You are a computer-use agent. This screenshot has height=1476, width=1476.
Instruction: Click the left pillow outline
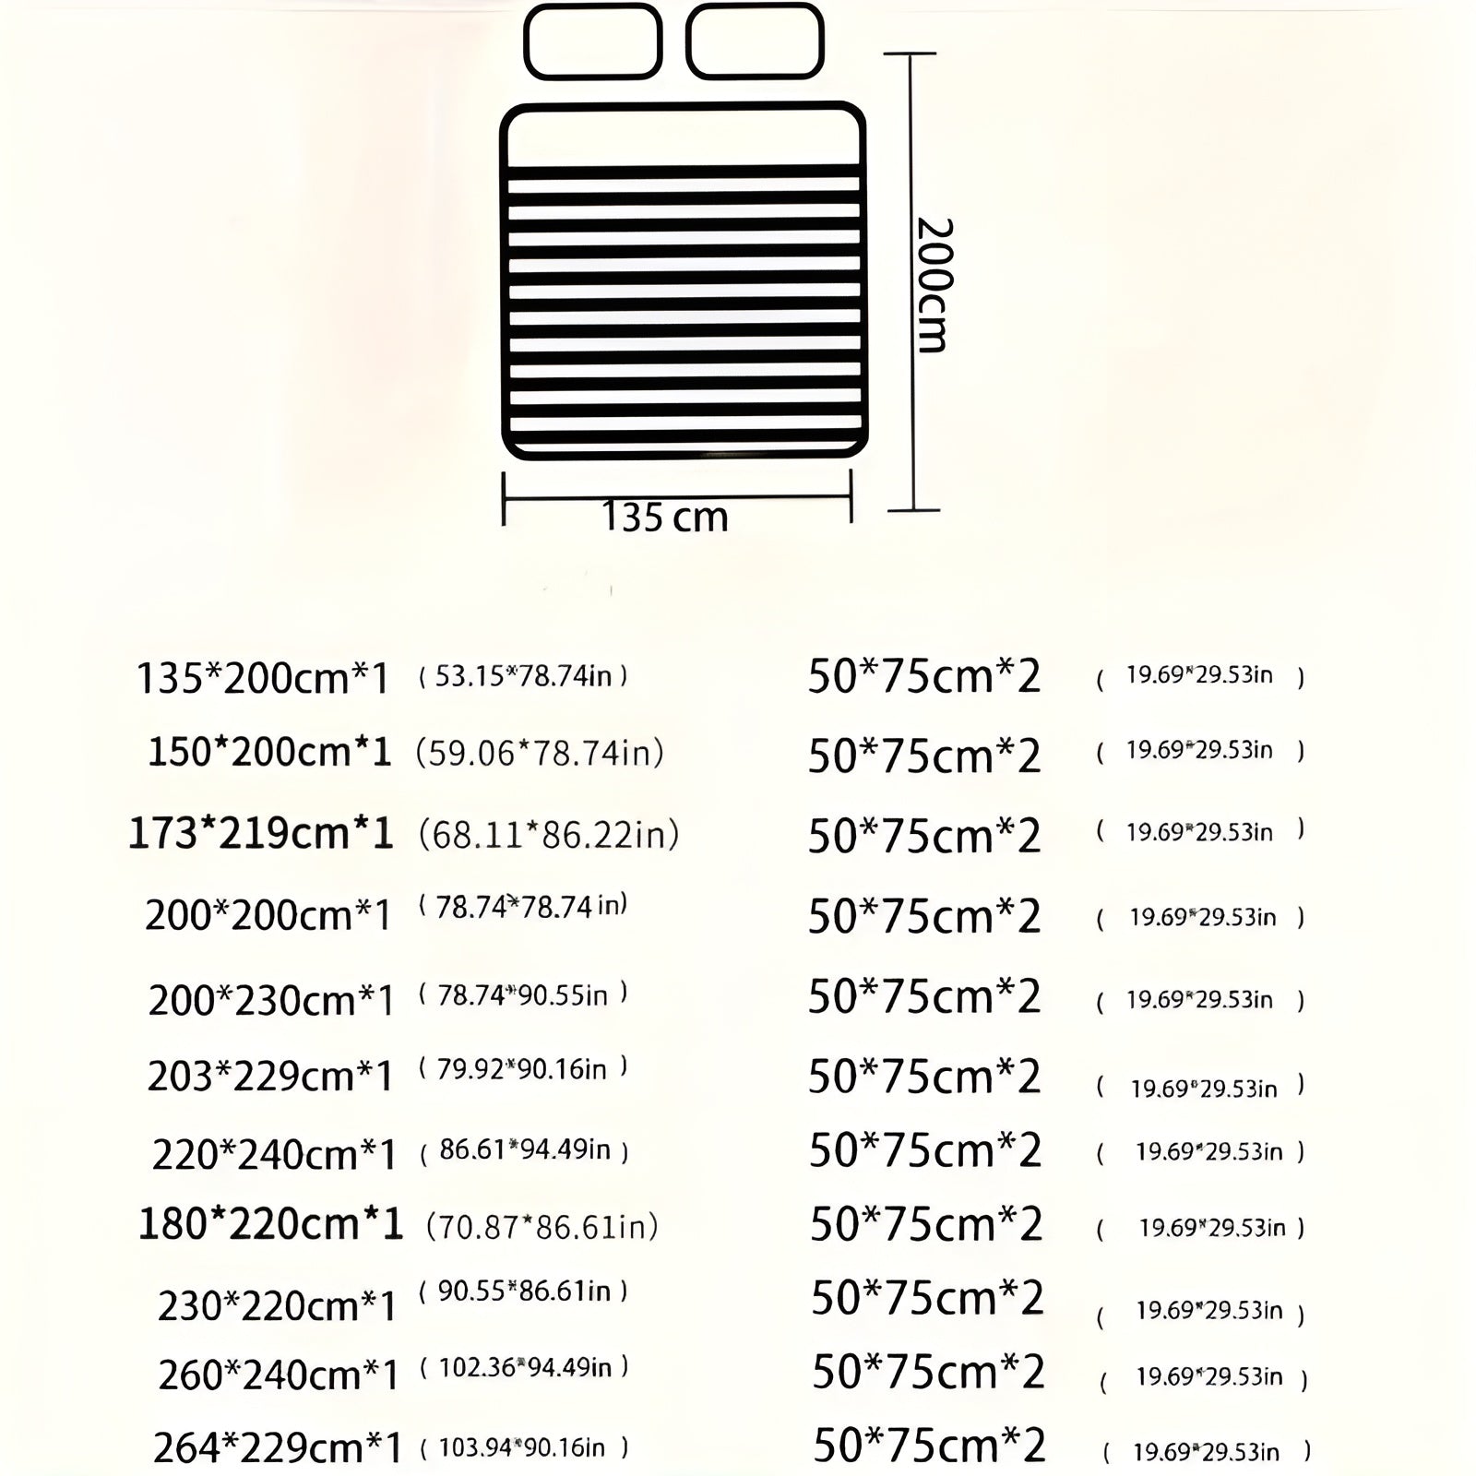pos(593,42)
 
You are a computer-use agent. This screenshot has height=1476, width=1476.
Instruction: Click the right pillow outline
pos(755,42)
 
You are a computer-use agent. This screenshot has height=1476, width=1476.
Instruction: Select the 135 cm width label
pos(665,518)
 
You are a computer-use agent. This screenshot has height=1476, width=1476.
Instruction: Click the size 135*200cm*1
pos(263,678)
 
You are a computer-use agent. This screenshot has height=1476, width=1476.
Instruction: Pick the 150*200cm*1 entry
pos(269,753)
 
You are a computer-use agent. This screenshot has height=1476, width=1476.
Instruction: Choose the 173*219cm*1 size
pos(261,834)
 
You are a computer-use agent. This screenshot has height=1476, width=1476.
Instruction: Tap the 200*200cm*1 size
pos(268,915)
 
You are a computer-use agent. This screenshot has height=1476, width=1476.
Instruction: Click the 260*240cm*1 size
pos(279,1375)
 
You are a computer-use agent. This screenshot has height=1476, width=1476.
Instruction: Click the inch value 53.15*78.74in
pos(523,676)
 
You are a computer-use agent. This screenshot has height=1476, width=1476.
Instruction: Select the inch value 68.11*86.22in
pos(548,835)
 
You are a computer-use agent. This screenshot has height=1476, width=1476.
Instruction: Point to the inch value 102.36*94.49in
pos(524,1367)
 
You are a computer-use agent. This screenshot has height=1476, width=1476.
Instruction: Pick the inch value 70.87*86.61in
pos(542,1227)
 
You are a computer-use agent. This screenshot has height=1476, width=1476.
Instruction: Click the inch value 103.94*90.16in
pos(524,1447)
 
